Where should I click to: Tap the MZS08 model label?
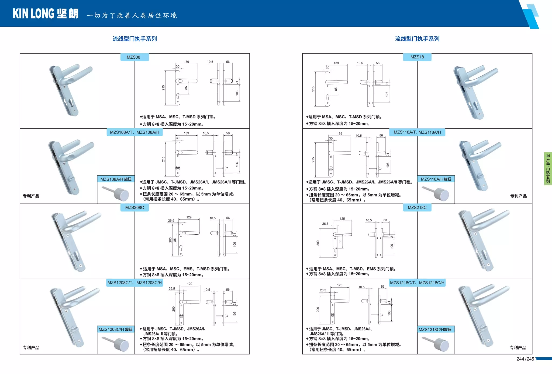[x=133, y=57]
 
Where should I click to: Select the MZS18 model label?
[x=417, y=57]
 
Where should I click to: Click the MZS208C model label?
[x=134, y=207]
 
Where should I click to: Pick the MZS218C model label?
[x=417, y=207]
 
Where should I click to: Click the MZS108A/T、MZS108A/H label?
[x=134, y=132]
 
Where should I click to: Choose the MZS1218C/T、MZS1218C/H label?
[x=417, y=283]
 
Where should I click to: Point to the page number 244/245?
[x=525, y=359]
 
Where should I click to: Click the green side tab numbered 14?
[x=548, y=168]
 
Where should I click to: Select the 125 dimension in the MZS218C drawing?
[x=342, y=219]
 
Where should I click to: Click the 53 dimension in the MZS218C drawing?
[x=385, y=220]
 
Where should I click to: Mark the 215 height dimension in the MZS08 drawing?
[x=163, y=88]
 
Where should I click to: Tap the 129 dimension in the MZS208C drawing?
[x=189, y=217]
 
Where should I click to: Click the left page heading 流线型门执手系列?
[x=134, y=39]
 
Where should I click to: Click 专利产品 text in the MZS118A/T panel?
[x=518, y=196]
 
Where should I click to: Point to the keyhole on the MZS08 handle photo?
[x=70, y=103]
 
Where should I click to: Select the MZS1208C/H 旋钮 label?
[x=115, y=329]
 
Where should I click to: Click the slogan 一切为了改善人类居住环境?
[x=132, y=16]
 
